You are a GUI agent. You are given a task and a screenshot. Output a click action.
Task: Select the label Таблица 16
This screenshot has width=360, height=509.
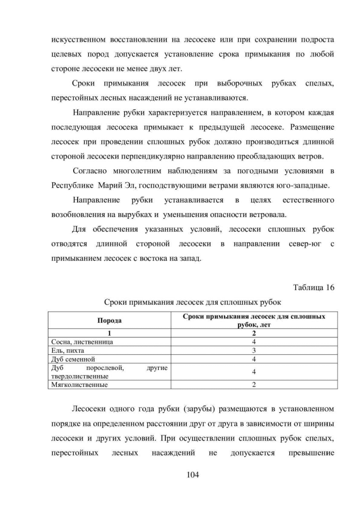[314, 287]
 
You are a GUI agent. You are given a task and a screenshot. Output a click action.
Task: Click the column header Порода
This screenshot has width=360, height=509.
[109, 321]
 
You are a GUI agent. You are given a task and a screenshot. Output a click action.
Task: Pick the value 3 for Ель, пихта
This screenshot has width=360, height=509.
[254, 350]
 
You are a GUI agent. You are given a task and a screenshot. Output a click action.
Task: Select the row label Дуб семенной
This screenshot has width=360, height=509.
[74, 358]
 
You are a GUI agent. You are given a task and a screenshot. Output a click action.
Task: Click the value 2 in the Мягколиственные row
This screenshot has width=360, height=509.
[254, 385]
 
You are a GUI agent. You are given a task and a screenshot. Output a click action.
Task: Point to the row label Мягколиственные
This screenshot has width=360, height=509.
[80, 385]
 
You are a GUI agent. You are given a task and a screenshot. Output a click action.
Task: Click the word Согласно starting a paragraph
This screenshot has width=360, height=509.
[90, 170]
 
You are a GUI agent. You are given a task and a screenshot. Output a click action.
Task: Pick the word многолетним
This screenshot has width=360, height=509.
[139, 170]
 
